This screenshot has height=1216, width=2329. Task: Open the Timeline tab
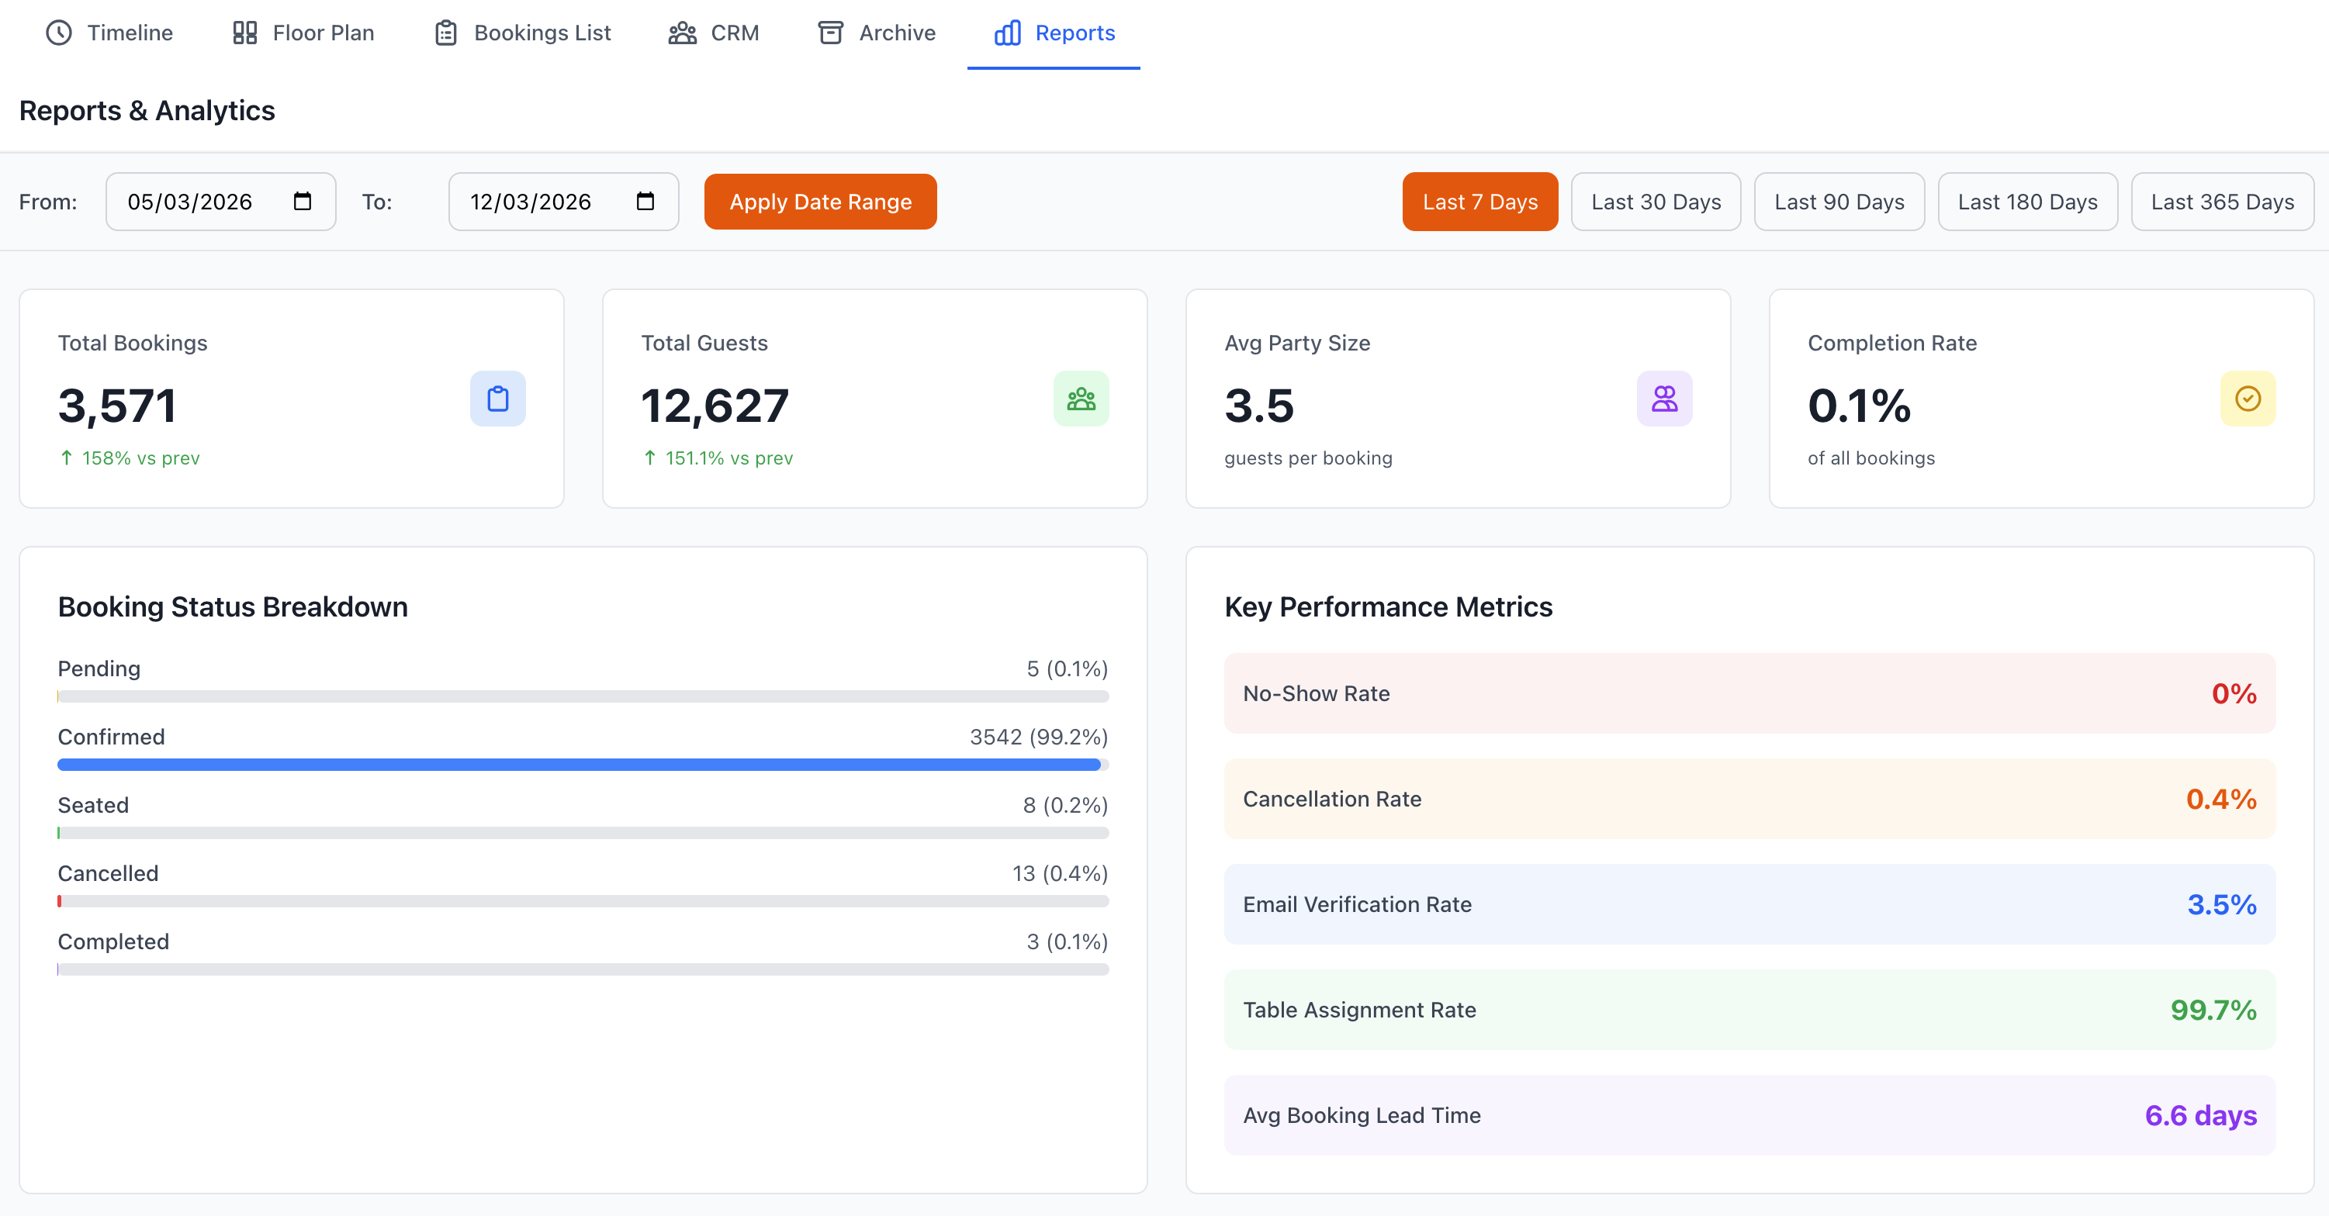pos(109,33)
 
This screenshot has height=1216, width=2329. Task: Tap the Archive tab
pos(876,33)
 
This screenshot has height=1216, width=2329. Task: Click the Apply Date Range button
pos(820,202)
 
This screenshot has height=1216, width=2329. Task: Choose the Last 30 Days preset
pos(1656,202)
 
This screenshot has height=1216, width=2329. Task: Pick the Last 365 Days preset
pos(2221,202)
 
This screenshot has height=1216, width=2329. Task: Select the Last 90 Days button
pos(1839,202)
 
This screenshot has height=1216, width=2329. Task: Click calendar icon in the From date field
pos(303,202)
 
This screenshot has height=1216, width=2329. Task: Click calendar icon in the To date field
pos(645,202)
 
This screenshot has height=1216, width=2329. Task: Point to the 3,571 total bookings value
pos(117,405)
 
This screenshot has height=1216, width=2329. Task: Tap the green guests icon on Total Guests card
pos(1081,399)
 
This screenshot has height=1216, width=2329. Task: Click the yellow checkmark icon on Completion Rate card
pos(2248,399)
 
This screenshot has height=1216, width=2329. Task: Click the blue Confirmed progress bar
pos(579,765)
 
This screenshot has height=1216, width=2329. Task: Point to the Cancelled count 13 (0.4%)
pos(1060,873)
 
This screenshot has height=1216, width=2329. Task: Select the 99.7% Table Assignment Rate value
pos(2213,1010)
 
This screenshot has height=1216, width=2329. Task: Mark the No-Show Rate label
pos(1316,693)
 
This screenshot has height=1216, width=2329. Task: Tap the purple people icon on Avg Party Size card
pos(1663,399)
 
